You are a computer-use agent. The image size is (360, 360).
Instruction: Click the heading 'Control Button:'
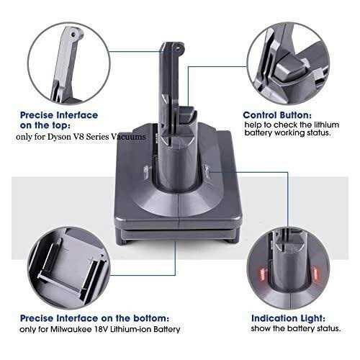click(277, 115)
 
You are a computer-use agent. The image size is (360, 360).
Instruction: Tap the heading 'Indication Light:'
click(288, 318)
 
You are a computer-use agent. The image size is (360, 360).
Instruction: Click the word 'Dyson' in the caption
click(59, 137)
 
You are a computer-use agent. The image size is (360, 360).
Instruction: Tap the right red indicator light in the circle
click(314, 274)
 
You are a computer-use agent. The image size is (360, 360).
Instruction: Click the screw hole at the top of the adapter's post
click(179, 47)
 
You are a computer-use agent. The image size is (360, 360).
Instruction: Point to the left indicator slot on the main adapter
click(146, 172)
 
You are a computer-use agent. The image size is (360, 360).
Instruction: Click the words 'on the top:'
click(45, 125)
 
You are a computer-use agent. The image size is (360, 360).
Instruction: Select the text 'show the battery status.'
click(296, 328)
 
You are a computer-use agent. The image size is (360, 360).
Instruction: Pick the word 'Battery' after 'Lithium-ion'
click(167, 329)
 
